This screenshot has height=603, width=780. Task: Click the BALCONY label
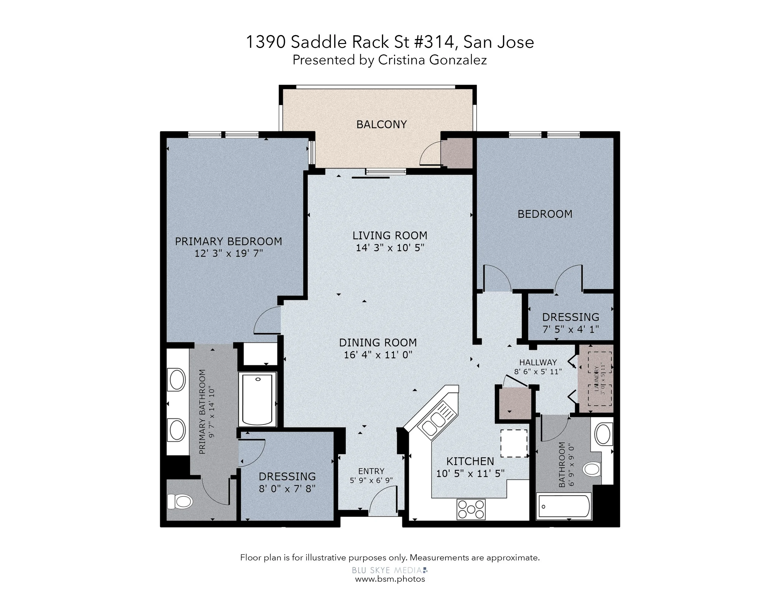(382, 124)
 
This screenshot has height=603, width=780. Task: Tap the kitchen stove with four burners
(471, 509)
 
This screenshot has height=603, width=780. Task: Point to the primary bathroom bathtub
(257, 399)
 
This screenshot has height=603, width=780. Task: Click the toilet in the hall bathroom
(592, 469)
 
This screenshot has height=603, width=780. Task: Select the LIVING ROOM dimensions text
(390, 248)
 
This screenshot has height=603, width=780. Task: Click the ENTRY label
(371, 471)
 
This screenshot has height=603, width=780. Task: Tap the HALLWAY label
(538, 362)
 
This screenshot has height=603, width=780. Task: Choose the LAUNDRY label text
(596, 379)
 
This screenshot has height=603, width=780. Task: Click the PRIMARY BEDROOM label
(228, 242)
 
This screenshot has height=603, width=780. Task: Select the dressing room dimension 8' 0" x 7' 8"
(287, 488)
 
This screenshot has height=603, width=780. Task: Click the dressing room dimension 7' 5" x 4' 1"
(571, 329)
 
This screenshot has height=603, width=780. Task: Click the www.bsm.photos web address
(390, 579)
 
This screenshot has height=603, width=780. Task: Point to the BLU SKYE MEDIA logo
(390, 570)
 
